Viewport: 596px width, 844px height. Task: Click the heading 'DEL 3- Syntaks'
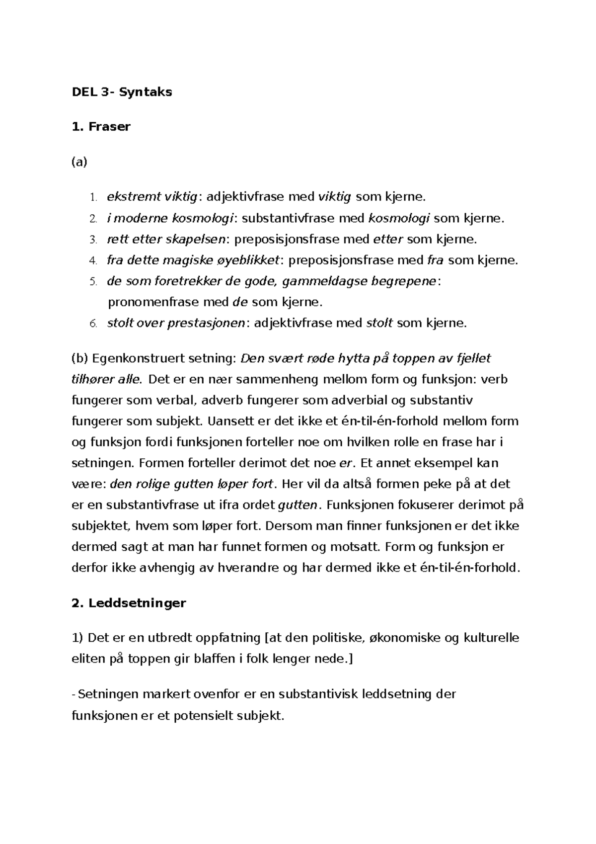click(122, 92)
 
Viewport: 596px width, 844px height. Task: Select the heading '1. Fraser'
click(101, 127)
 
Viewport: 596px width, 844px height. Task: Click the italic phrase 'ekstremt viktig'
click(152, 197)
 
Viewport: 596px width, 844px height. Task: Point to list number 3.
click(92, 240)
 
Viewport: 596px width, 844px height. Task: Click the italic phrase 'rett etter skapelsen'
click(166, 240)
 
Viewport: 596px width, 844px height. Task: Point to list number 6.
click(92, 324)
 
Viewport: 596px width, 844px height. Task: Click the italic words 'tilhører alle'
click(106, 380)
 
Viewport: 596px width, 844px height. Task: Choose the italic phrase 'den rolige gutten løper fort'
click(191, 484)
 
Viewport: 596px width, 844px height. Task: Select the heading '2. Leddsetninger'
click(129, 603)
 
